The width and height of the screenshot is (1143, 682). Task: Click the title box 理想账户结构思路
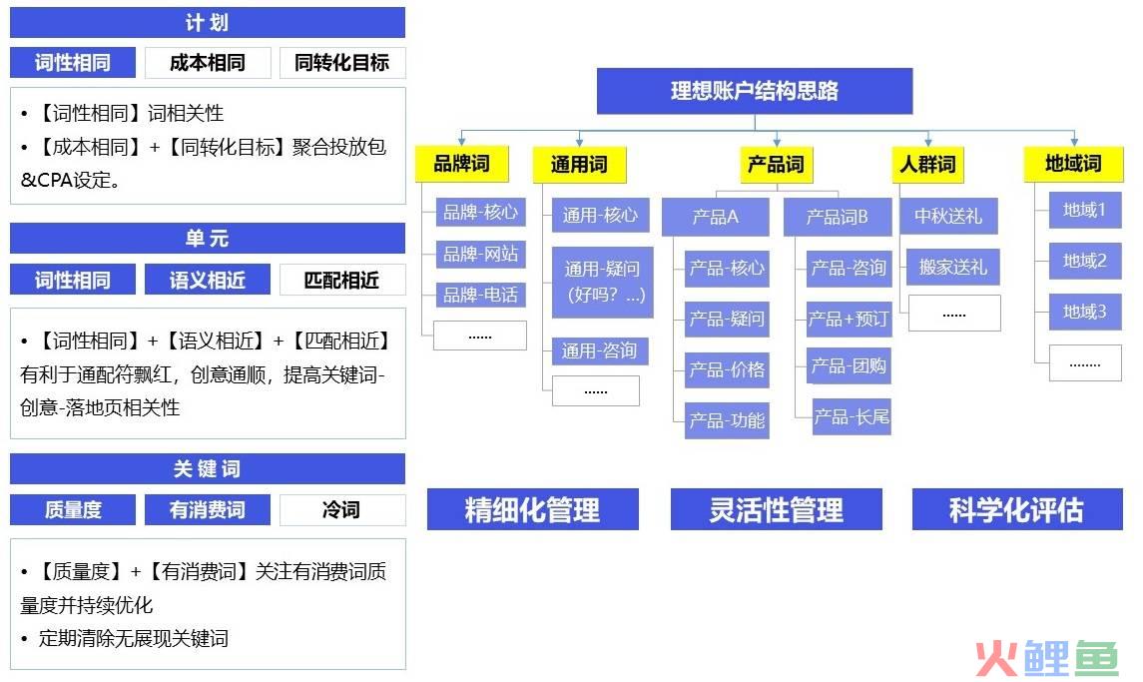tap(755, 91)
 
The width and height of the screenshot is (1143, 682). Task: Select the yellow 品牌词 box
tap(461, 164)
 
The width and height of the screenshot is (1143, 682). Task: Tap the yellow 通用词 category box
tap(579, 164)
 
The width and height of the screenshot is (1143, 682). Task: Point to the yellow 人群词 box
tap(927, 164)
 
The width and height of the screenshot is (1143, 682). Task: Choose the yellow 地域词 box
tap(1073, 164)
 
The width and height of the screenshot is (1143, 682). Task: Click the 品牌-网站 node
tap(480, 253)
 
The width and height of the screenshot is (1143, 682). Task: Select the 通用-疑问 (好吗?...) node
tap(602, 282)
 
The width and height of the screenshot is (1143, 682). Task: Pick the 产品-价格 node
tap(727, 369)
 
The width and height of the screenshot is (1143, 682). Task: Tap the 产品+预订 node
tap(849, 319)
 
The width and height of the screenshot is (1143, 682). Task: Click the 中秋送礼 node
tap(948, 216)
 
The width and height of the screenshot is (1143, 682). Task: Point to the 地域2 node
tap(1085, 261)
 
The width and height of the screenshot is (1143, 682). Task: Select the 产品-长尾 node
tap(852, 416)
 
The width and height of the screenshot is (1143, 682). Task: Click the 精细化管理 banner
tap(533, 509)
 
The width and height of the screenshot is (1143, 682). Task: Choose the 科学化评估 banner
tap(1017, 509)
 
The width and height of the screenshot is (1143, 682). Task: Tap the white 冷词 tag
tap(341, 509)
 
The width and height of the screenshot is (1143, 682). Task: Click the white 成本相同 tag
tap(208, 63)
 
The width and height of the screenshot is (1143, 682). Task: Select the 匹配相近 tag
tap(341, 280)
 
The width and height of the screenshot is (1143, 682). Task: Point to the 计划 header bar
tap(208, 23)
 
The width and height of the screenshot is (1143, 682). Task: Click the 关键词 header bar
tap(208, 468)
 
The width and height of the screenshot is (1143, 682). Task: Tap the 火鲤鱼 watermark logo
tap(1047, 657)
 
